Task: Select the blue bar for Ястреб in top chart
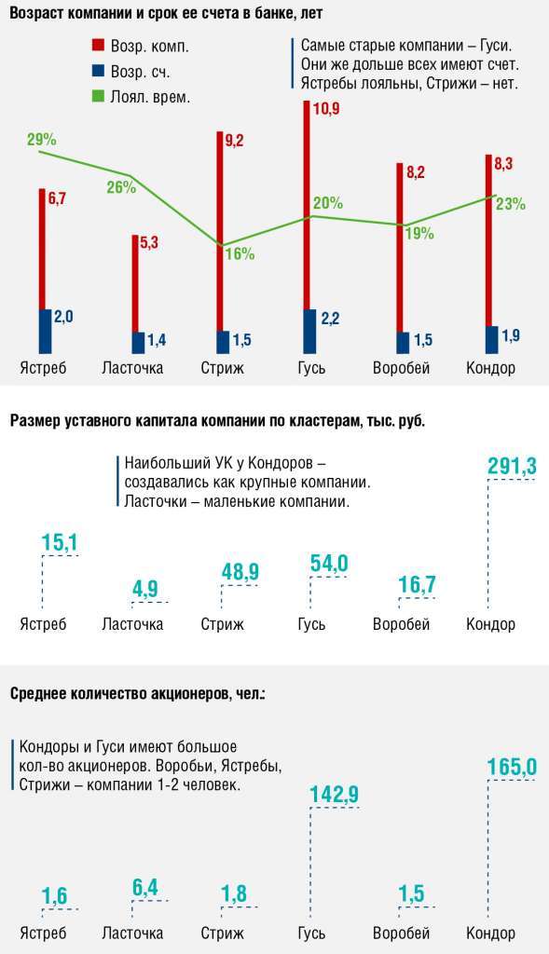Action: tap(45, 331)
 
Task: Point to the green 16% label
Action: tap(240, 254)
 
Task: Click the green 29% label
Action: tap(42, 140)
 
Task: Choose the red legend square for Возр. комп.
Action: tap(98, 45)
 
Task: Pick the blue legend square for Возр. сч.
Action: tap(98, 71)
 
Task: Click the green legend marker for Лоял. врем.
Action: tap(98, 96)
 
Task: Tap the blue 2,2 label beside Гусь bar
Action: tap(329, 319)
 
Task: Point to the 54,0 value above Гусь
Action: tap(328, 563)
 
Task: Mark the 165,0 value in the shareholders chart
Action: tap(512, 767)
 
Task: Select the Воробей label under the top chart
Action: tap(401, 367)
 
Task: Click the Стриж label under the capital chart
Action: tap(222, 624)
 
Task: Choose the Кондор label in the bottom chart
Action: tap(490, 934)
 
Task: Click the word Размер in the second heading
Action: tap(37, 421)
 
